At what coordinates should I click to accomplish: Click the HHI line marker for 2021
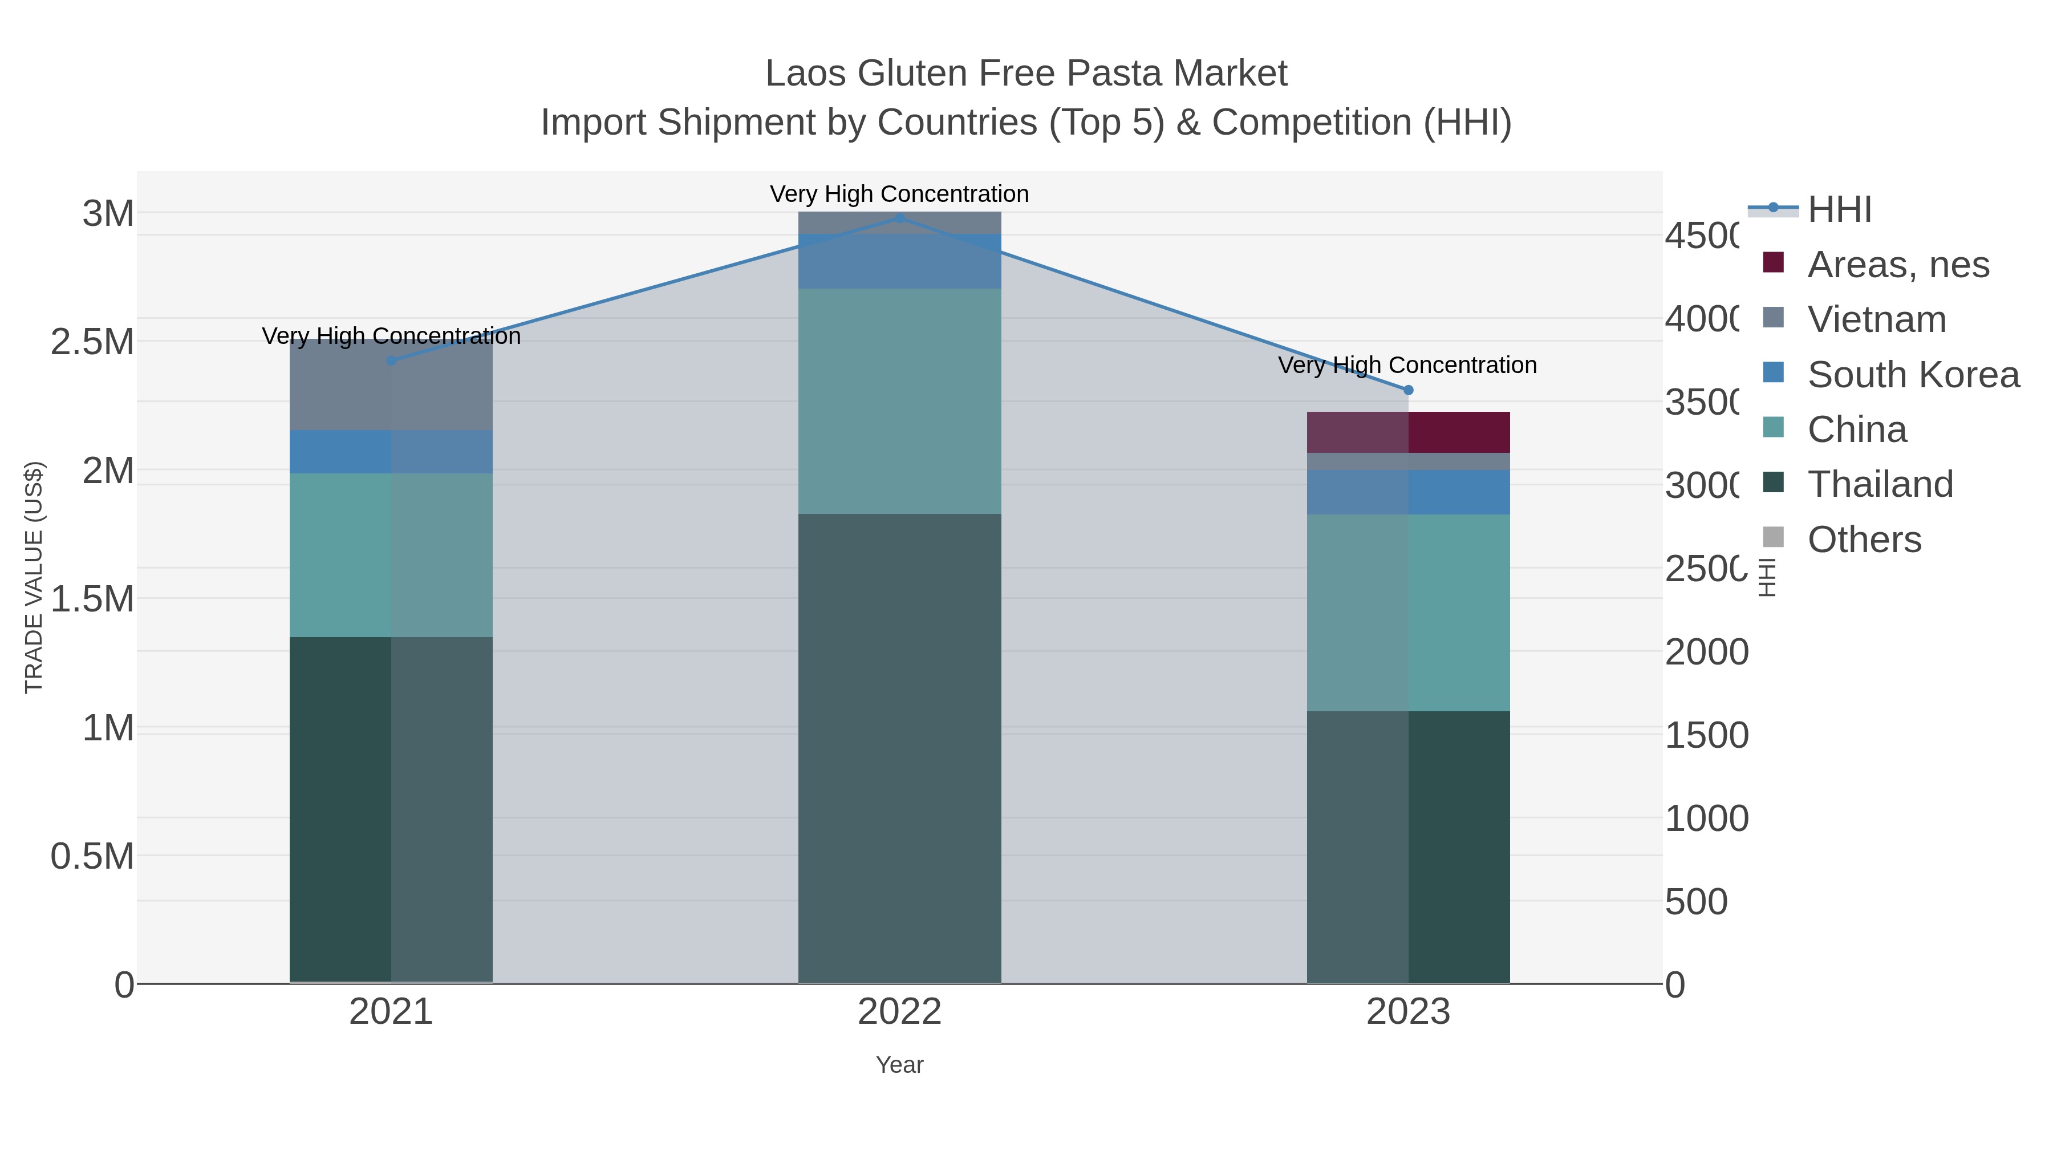click(x=391, y=361)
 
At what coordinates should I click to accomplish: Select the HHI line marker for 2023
click(x=1407, y=390)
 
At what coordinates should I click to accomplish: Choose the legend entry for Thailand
click(x=1879, y=484)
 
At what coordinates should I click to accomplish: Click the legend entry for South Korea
click(x=1913, y=374)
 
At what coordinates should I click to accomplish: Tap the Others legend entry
click(x=1863, y=539)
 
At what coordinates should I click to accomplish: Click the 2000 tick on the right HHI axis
click(x=1706, y=652)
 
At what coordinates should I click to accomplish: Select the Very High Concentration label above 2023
click(x=1407, y=365)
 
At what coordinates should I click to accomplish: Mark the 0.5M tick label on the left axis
click(x=92, y=857)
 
